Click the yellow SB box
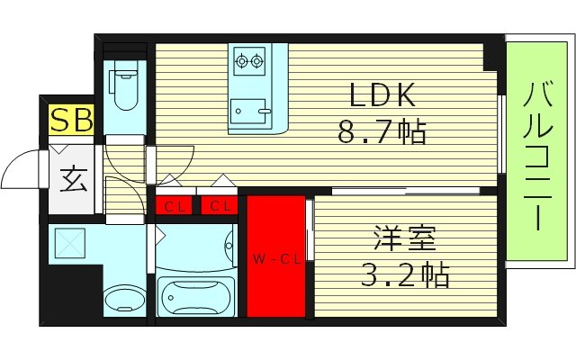tap(71, 119)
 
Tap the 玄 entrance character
tap(73, 179)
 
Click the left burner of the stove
tap(241, 62)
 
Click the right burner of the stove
tap(258, 62)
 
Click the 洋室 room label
tap(405, 239)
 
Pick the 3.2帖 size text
tap(405, 274)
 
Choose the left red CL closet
tap(176, 206)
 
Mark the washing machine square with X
tap(69, 242)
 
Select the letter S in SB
tap(60, 119)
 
